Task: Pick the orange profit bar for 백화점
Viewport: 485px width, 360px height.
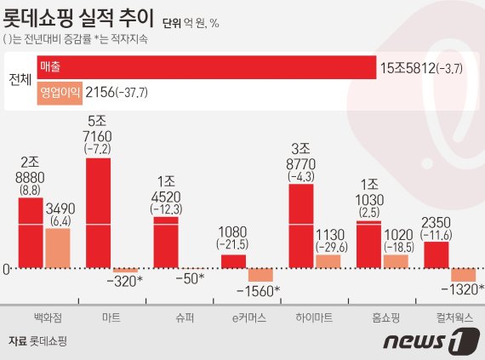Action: tap(57, 248)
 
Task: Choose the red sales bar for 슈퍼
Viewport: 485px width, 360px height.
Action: tap(166, 242)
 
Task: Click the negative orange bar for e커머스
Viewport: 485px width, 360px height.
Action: tap(260, 275)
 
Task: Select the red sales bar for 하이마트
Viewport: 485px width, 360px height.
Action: tap(301, 226)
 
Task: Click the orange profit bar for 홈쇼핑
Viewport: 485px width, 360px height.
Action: tap(396, 260)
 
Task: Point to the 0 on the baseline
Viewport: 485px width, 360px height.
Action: tap(7, 269)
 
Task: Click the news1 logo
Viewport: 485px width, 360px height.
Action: tap(426, 342)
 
